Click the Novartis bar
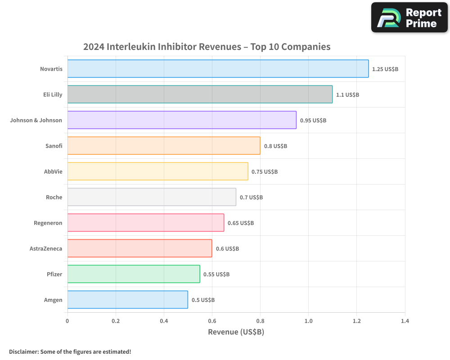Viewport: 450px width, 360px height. point(218,69)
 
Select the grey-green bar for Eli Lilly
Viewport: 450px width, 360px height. point(200,94)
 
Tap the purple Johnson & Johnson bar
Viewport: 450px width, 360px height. point(182,120)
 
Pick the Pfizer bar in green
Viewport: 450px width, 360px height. point(134,274)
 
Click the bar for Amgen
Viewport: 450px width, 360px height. point(127,300)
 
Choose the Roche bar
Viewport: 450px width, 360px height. point(152,197)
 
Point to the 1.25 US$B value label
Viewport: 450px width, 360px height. point(385,69)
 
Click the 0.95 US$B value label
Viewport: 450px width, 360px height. point(313,121)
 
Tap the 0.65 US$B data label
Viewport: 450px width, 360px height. point(241,223)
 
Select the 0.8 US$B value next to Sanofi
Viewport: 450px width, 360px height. point(275,146)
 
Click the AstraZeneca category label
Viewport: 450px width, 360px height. point(46,248)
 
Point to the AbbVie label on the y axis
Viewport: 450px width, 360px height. point(53,171)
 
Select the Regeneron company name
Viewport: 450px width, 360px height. point(48,223)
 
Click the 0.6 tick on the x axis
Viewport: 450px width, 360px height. point(212,321)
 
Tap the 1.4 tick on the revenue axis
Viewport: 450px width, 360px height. point(405,321)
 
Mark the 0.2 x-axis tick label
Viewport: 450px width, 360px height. point(116,321)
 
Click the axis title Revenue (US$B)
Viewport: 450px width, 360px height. point(236,332)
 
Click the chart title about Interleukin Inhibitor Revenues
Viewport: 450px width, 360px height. point(207,47)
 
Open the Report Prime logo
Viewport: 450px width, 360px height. point(409,18)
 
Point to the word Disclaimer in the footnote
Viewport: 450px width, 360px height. point(23,351)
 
